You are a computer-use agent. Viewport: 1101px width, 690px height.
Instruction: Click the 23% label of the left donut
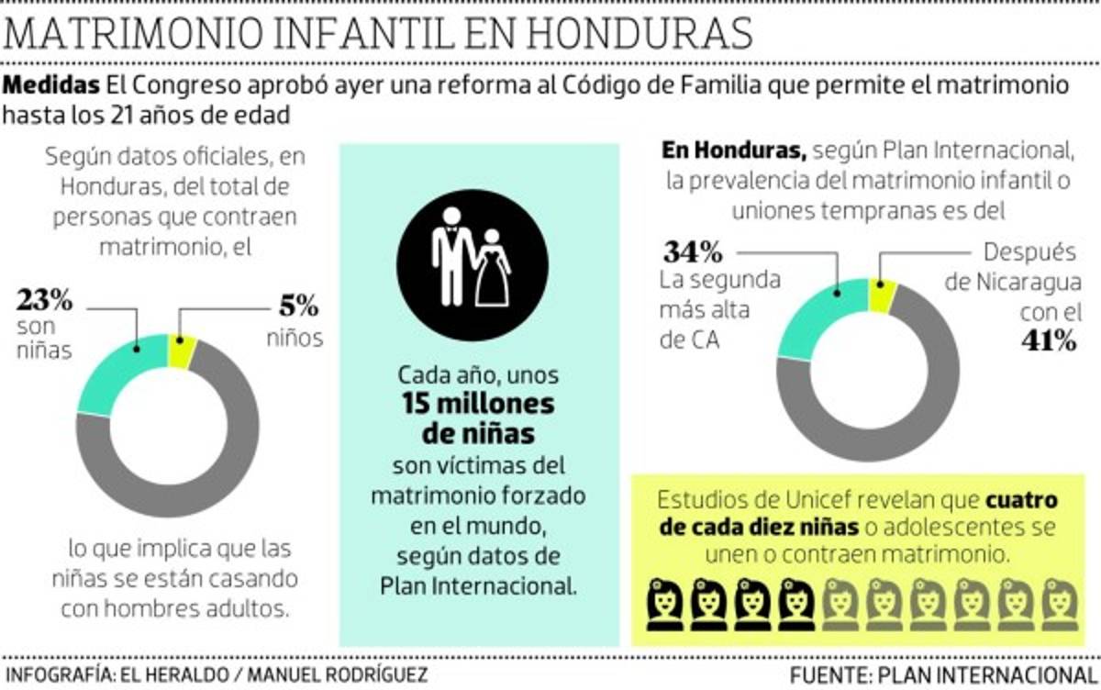[44, 299]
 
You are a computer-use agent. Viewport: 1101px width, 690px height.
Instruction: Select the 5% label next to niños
[293, 304]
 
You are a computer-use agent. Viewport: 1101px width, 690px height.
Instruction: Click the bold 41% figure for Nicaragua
[1047, 340]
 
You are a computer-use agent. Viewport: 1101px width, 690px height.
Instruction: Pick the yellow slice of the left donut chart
[182, 351]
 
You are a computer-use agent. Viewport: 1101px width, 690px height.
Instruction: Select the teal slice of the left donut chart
[109, 377]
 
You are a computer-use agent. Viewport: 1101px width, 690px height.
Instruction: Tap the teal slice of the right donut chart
[812, 317]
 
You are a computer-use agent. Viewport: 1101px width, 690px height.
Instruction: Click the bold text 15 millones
[476, 404]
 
